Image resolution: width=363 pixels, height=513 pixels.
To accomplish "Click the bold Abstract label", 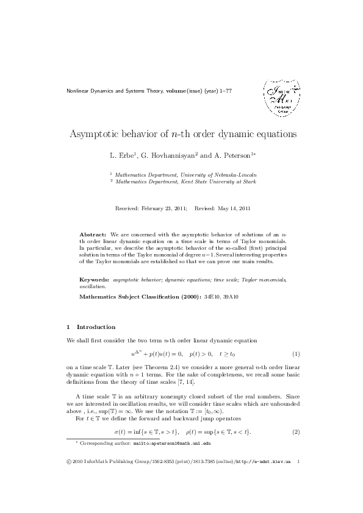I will [x=93, y=234].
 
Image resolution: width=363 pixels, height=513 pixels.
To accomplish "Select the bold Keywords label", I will [x=95, y=279].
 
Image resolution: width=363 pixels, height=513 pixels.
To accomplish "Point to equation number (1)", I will [x=295, y=354].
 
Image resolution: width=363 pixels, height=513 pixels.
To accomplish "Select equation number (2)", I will [x=295, y=432].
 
